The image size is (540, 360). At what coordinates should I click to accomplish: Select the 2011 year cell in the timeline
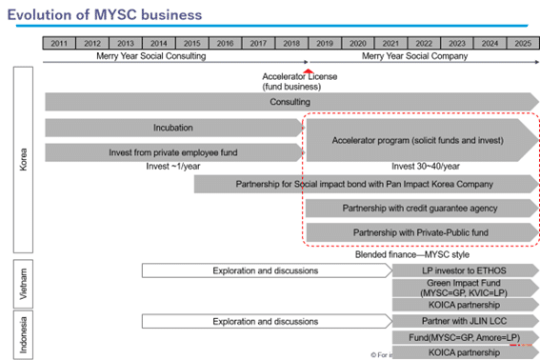point(59,43)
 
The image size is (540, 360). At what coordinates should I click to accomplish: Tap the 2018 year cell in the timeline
point(290,43)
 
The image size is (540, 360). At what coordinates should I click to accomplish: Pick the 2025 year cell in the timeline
point(522,43)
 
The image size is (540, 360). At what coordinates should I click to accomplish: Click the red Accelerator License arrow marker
point(308,72)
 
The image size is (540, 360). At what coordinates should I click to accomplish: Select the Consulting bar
point(290,101)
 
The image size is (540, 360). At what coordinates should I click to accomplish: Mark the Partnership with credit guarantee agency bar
point(419,208)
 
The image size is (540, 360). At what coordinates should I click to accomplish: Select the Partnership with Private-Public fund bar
point(419,231)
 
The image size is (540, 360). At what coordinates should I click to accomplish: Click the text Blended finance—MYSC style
point(398,253)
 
